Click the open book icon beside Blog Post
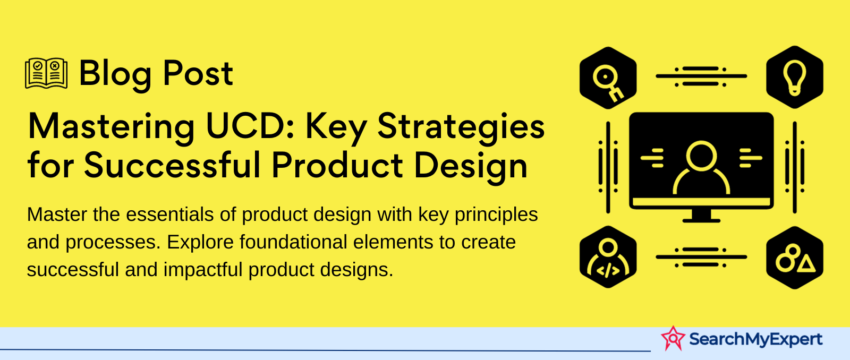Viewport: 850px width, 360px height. pos(46,73)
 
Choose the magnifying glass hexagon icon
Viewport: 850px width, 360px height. pos(608,78)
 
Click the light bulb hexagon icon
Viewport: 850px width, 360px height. pos(795,78)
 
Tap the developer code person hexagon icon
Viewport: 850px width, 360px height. pos(608,257)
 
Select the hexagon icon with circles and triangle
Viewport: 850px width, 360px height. pos(795,258)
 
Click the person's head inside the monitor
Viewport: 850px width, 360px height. pos(701,156)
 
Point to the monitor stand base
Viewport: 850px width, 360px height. pos(701,220)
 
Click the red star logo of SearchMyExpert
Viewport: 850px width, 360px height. pos(673,338)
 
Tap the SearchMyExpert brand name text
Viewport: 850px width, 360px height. pos(755,339)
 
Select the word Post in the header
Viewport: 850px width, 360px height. pos(198,74)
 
